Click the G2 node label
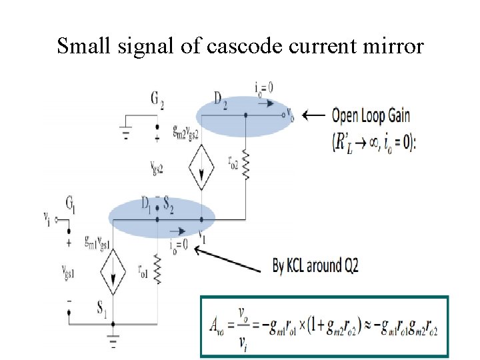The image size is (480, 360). click(157, 101)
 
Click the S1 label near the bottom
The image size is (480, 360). click(101, 307)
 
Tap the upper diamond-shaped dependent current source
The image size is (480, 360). click(201, 166)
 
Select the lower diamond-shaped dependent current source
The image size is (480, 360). click(112, 271)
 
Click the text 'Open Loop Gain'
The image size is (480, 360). click(371, 115)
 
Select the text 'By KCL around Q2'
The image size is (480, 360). click(315, 266)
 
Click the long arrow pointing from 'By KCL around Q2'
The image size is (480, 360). click(231, 259)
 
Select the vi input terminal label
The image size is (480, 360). click(47, 219)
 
